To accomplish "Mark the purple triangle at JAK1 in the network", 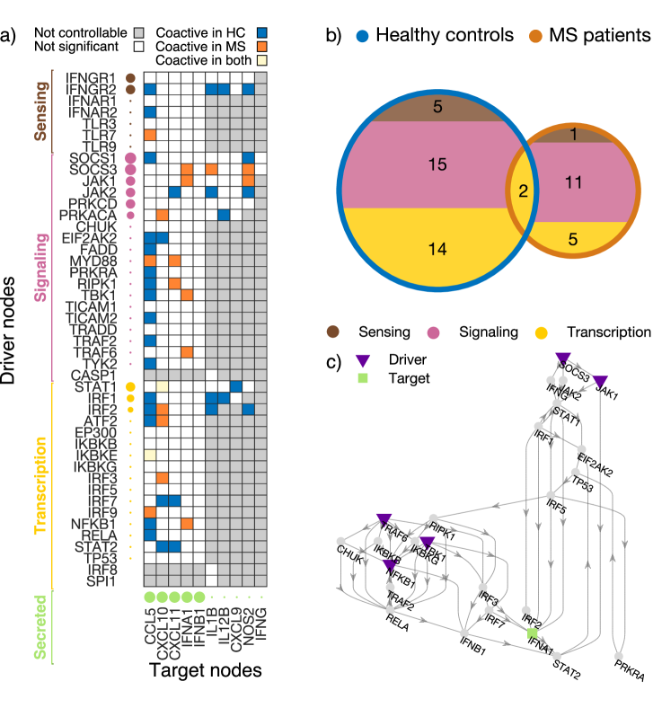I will coord(602,382).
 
